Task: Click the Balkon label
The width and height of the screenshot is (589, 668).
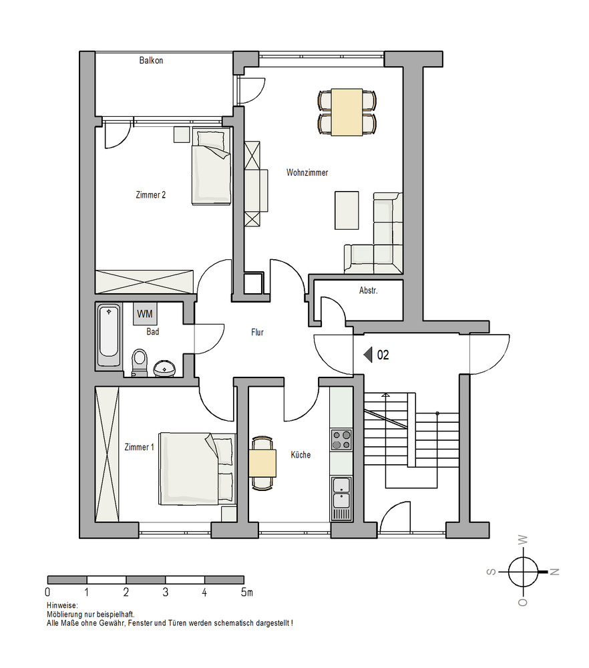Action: click(151, 61)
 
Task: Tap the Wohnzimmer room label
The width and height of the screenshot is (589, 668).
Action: click(307, 172)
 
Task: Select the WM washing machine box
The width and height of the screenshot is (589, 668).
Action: click(145, 314)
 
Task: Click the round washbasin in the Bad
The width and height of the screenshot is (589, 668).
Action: click(164, 369)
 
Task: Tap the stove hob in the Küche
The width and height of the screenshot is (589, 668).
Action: click(341, 440)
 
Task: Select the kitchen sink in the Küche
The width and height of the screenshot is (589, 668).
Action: click(341, 498)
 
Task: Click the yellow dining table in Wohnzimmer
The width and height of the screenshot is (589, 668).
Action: click(347, 112)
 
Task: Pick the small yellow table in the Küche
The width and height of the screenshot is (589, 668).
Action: click(262, 463)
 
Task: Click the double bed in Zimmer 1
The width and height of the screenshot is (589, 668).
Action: click(197, 469)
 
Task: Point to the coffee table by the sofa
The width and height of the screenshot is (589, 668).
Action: click(347, 210)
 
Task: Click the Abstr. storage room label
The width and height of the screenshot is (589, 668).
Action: click(369, 291)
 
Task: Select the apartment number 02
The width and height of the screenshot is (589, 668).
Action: click(383, 355)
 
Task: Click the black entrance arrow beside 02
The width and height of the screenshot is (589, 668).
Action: click(368, 355)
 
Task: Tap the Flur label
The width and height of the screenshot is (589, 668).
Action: click(257, 332)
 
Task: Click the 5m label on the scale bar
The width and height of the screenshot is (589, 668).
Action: click(246, 592)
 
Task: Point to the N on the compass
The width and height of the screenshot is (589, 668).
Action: click(554, 572)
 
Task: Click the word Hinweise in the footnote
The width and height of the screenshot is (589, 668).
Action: click(61, 605)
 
